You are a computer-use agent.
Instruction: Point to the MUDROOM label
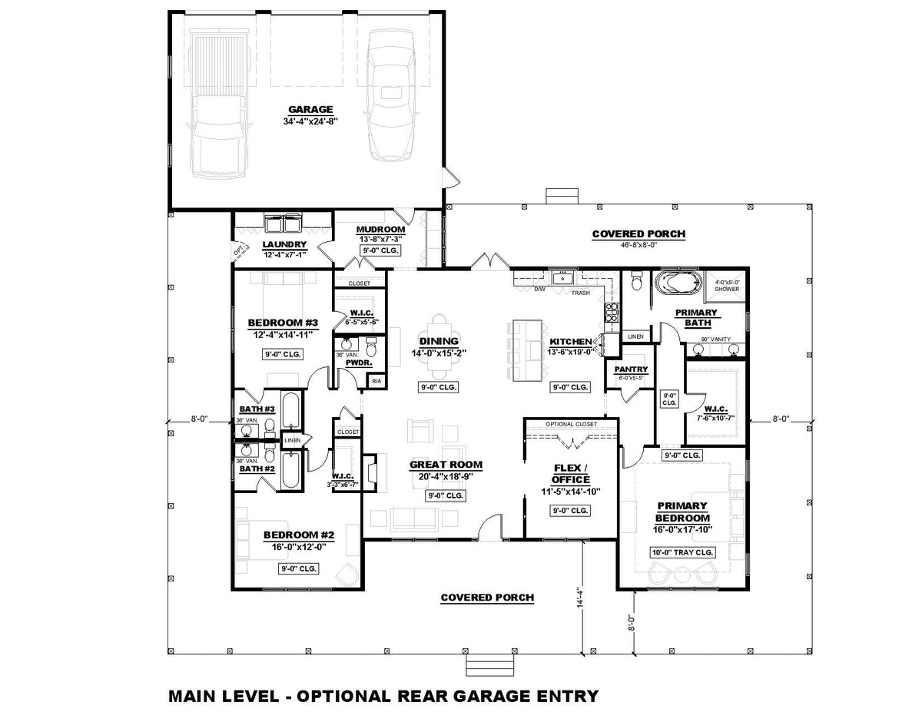tap(380, 230)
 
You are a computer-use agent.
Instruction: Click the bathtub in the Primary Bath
tap(677, 283)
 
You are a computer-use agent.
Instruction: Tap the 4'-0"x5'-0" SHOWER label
tap(726, 285)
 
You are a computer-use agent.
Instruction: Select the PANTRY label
tap(631, 369)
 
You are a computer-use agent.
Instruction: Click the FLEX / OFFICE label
tap(571, 473)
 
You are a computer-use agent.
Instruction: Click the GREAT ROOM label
tap(446, 464)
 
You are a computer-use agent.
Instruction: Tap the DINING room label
tap(439, 341)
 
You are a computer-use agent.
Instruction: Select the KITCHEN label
tap(570, 341)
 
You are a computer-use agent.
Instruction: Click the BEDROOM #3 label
tap(283, 323)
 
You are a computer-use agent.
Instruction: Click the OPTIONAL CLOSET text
tap(571, 424)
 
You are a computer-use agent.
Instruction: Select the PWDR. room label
tap(359, 361)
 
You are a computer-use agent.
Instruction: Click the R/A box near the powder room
tap(376, 381)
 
